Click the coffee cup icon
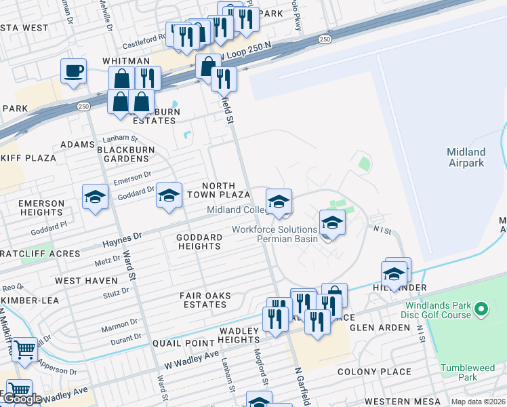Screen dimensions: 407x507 (x=73, y=71)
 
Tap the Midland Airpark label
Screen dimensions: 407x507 (x=466, y=157)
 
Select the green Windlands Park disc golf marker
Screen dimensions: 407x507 (x=481, y=310)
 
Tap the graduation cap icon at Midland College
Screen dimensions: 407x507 (x=279, y=201)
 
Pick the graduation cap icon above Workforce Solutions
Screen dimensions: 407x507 (x=332, y=222)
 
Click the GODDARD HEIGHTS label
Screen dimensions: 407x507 (x=199, y=241)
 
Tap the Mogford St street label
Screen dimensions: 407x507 (x=258, y=367)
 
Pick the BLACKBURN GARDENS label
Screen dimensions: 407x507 (x=126, y=154)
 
